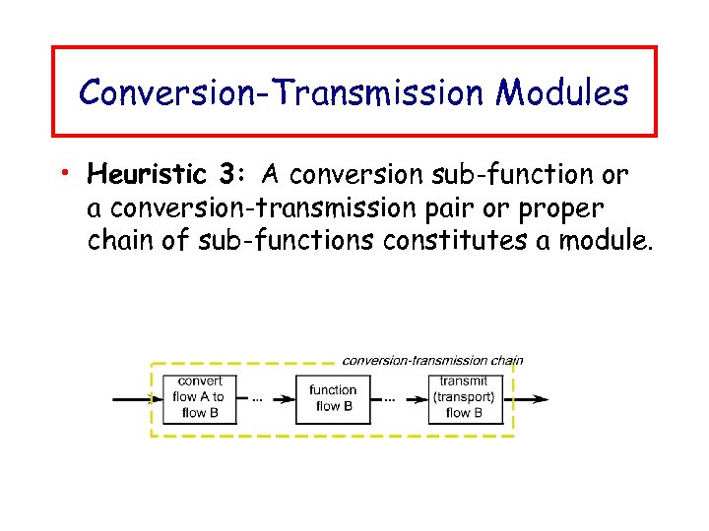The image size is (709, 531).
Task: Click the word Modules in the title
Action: (x=562, y=92)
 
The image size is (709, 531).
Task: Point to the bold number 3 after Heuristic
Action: (x=227, y=176)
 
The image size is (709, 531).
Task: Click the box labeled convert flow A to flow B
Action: (x=201, y=397)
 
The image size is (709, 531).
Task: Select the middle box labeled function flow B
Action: (x=333, y=397)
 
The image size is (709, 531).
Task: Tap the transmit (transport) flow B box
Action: (x=464, y=397)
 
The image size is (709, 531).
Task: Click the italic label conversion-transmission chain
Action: (x=431, y=360)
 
